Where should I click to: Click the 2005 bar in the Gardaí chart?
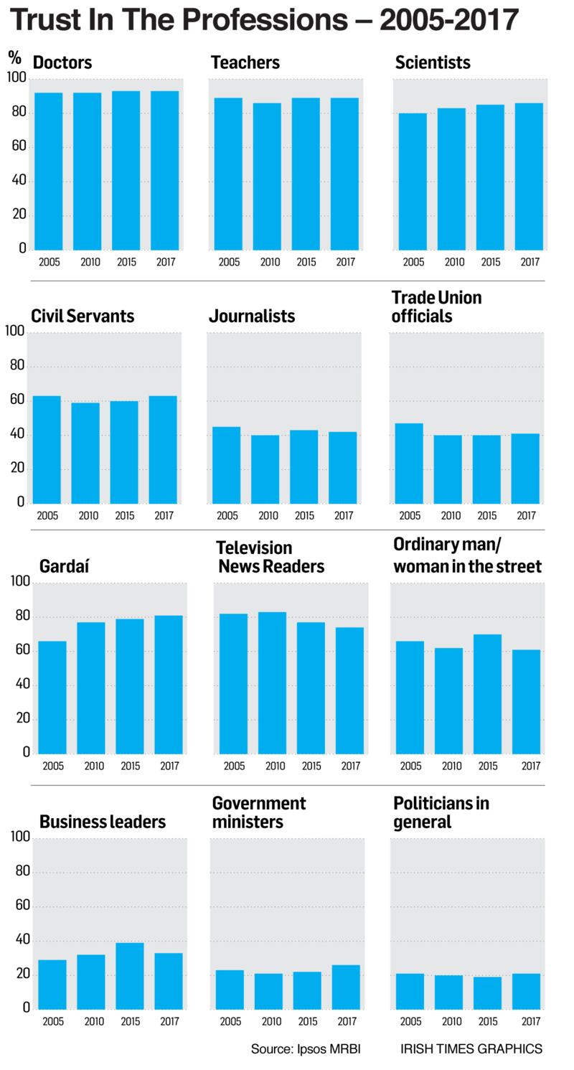click(52, 697)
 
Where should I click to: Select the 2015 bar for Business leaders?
click(130, 975)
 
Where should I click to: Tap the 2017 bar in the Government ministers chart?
click(346, 987)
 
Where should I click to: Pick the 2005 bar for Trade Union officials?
click(409, 464)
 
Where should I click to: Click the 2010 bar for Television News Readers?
click(273, 682)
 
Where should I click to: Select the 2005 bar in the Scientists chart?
click(413, 182)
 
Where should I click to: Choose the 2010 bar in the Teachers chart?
click(267, 177)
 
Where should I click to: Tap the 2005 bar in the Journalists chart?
click(227, 465)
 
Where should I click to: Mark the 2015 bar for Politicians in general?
click(486, 992)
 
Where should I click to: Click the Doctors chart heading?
click(62, 62)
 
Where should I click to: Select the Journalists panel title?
click(252, 316)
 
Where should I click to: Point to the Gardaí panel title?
click(65, 566)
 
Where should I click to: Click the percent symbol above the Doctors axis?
click(15, 57)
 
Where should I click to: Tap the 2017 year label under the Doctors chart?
click(166, 262)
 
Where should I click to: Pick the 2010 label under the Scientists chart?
click(454, 262)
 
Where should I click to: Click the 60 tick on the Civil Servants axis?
click(15, 400)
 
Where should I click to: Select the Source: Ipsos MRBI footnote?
click(306, 1049)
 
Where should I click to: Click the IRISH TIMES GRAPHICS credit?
click(471, 1049)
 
